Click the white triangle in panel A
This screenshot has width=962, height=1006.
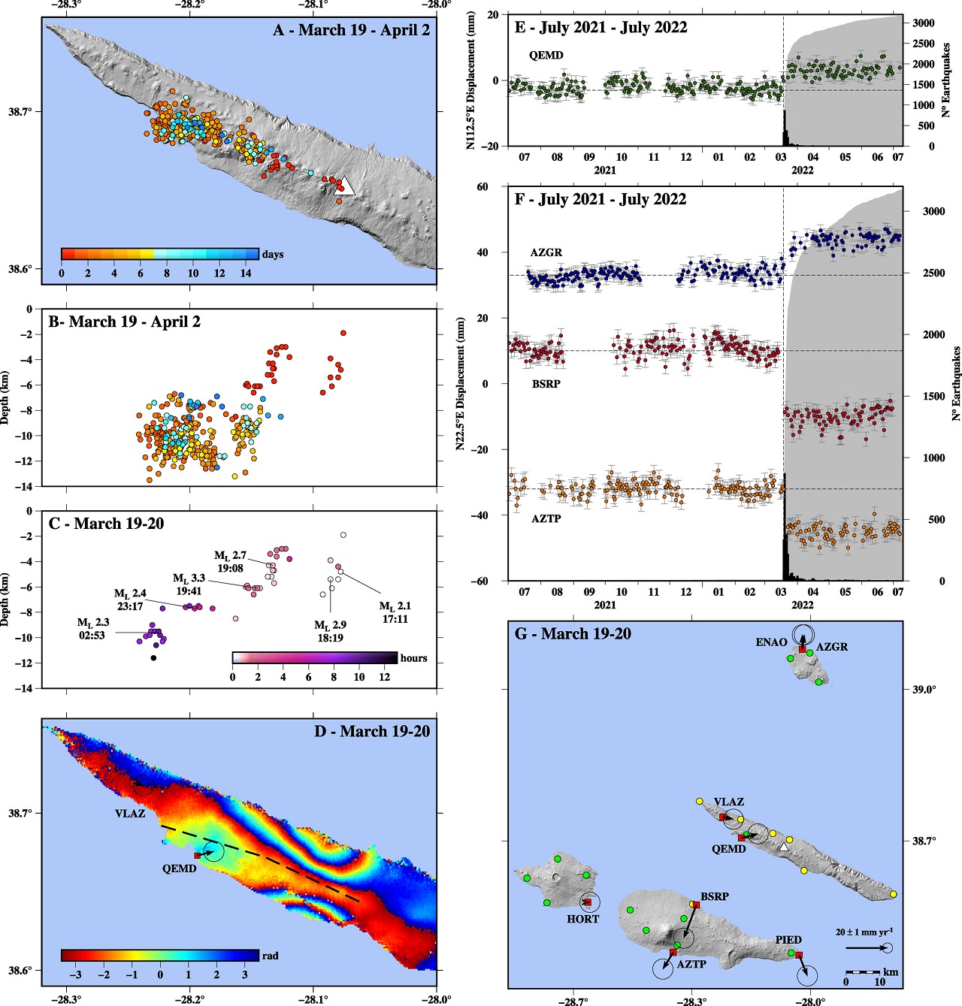point(344,186)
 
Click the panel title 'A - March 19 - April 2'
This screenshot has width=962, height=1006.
point(351,30)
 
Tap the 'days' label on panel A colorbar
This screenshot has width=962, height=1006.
point(273,254)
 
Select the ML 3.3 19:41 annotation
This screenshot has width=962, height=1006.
point(189,585)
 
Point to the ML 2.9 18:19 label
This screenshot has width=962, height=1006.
point(330,631)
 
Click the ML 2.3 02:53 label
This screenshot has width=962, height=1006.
point(92,629)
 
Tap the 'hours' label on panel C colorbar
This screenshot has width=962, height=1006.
point(413,658)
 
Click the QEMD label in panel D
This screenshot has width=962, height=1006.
point(179,869)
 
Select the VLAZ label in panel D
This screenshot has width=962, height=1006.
point(130,813)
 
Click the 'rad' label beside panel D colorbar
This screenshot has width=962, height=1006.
point(270,956)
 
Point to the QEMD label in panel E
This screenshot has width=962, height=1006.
point(546,56)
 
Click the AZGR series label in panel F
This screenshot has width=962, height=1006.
point(546,252)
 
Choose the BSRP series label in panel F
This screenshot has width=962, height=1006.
point(546,384)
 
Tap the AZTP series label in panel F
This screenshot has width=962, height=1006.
point(546,518)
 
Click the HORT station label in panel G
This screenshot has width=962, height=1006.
point(582,919)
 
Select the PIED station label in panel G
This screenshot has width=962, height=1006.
point(788,940)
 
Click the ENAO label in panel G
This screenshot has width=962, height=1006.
point(771,642)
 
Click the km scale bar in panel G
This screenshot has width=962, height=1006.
point(863,972)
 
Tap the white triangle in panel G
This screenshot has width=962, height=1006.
point(784,847)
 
